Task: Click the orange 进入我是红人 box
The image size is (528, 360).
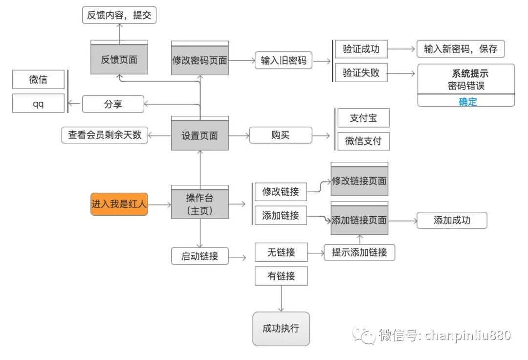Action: [x=119, y=204]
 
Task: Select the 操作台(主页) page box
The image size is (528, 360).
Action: [x=200, y=204]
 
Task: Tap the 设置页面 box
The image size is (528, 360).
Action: [x=200, y=135]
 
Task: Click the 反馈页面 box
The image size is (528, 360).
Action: [x=119, y=60]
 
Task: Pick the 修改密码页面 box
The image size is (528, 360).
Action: [x=200, y=61]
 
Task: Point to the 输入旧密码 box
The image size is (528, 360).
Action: [x=284, y=61]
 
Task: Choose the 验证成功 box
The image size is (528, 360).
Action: [x=361, y=49]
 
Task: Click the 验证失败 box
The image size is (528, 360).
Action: [x=361, y=73]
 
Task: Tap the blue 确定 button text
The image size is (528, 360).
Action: [x=467, y=102]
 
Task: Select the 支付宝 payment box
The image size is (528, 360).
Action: [x=363, y=118]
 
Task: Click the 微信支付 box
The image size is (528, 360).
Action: [x=363, y=141]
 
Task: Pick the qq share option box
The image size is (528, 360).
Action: [x=38, y=104]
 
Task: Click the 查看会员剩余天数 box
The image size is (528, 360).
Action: [x=105, y=135]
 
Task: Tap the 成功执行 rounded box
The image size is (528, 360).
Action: [x=281, y=328]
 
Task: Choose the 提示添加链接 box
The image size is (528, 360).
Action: [x=359, y=252]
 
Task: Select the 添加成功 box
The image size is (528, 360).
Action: [x=452, y=220]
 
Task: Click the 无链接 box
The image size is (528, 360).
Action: [x=281, y=252]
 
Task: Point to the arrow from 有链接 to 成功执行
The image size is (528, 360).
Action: [x=281, y=298]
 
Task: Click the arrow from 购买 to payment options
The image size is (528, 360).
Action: [x=322, y=135]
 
